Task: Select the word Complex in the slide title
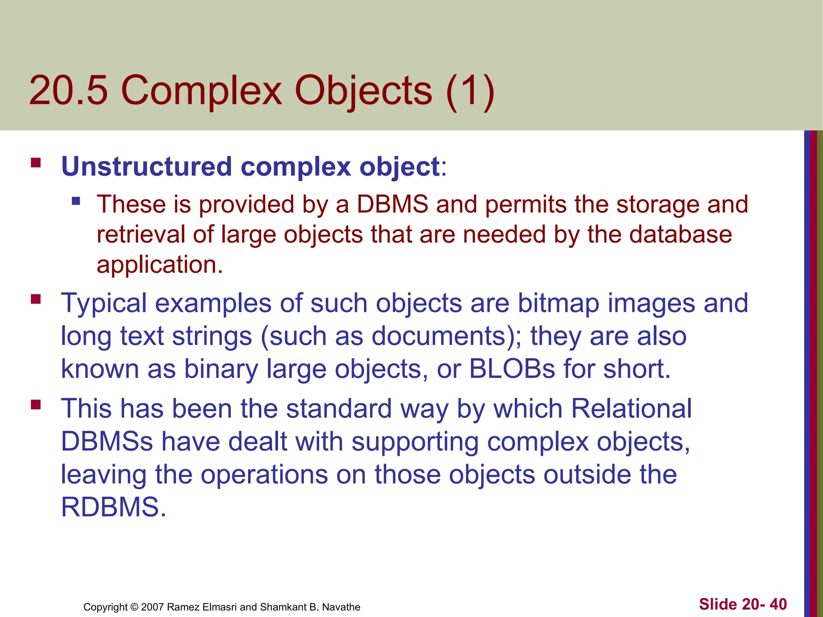[201, 92]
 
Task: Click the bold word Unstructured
[146, 166]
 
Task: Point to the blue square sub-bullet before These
[76, 200]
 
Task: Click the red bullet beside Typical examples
[36, 299]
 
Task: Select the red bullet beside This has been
[36, 404]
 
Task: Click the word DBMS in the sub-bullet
[392, 204]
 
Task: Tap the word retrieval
[140, 234]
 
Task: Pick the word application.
[160, 265]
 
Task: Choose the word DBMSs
[107, 441]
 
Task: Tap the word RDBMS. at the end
[113, 507]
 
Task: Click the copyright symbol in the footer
[135, 607]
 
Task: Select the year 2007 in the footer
[152, 607]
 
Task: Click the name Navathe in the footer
[341, 607]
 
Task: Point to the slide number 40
[778, 604]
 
